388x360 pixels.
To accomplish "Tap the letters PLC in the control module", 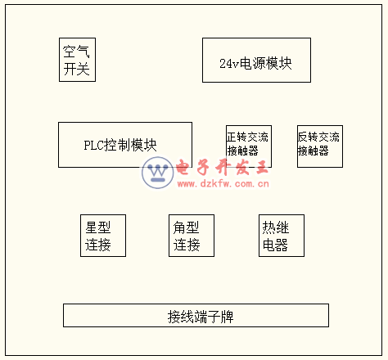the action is tap(93, 145).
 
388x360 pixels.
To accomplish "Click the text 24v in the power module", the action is tap(229, 64).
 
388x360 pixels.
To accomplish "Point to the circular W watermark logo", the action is tap(158, 173).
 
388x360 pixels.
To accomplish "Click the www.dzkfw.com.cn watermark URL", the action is tap(223, 183).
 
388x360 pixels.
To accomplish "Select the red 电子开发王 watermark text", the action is tap(222, 167).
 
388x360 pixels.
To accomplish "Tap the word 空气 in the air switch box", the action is tap(76, 52).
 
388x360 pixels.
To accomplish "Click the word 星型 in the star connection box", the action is tap(98, 227).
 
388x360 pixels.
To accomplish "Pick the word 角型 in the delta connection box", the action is tap(186, 227).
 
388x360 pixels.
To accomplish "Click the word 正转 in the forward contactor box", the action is tap(237, 137).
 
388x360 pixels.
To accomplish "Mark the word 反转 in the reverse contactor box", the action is tap(308, 137).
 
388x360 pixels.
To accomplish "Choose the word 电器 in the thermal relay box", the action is tap(275, 245).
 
